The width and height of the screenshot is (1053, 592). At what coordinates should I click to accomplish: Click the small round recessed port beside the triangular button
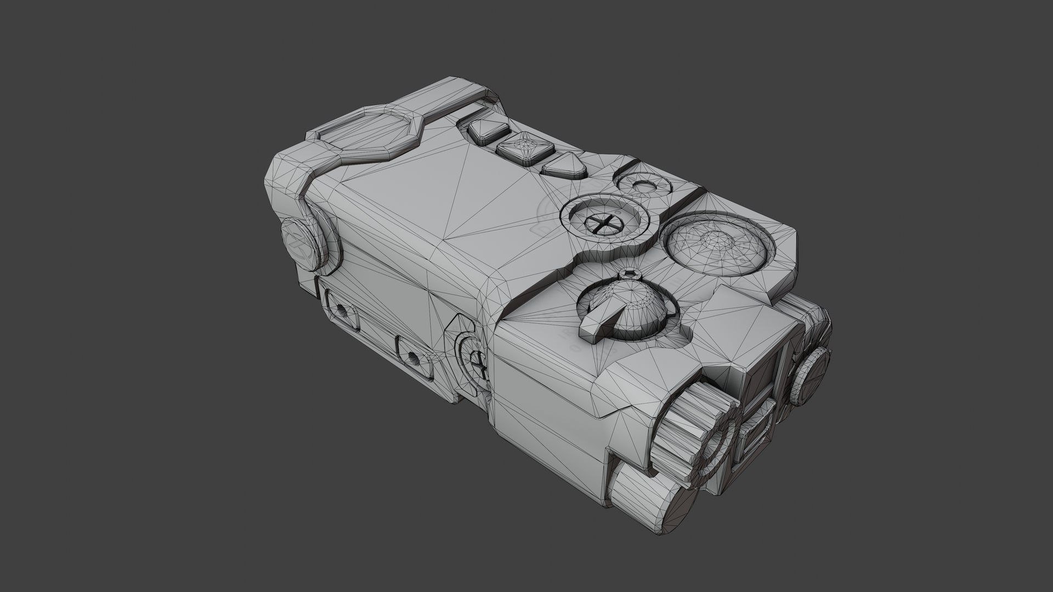(x=643, y=185)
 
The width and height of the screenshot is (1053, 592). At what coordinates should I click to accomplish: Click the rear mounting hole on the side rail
(x=342, y=311)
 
